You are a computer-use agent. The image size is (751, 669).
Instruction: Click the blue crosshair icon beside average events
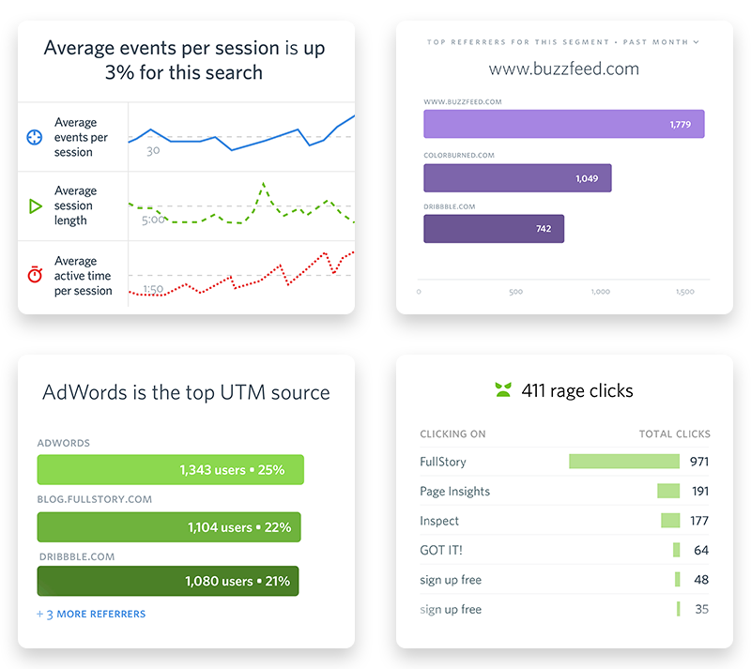[x=35, y=137]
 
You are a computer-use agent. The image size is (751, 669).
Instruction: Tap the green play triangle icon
[x=35, y=205]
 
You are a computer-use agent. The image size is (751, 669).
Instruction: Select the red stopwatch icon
[x=35, y=275]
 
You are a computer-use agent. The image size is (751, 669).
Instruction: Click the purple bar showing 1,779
[x=563, y=124]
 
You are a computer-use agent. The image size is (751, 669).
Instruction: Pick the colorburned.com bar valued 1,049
[x=517, y=178]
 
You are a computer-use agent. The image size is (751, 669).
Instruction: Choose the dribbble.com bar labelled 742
[x=494, y=229]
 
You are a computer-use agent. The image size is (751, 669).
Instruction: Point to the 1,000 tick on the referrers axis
[x=601, y=292]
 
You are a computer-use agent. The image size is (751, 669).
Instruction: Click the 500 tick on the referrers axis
[x=515, y=292]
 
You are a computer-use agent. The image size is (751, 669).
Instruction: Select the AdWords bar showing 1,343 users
[x=170, y=470]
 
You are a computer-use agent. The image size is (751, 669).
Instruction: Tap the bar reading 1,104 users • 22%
[x=169, y=527]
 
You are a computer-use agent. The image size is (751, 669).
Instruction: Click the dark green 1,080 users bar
[x=168, y=582]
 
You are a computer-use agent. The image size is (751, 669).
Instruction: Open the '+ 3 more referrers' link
[x=91, y=614]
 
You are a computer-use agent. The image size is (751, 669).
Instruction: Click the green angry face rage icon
[x=503, y=390]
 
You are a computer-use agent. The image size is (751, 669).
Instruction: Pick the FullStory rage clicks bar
[x=623, y=462]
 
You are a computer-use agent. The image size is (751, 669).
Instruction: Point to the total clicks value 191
[x=699, y=491]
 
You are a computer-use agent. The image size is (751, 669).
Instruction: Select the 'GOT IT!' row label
[x=441, y=550]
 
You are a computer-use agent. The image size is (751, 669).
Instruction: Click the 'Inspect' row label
[x=439, y=521]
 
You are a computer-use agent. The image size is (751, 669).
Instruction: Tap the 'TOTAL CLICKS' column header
[x=674, y=434]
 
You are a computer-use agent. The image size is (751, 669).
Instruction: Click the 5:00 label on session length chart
[x=153, y=220]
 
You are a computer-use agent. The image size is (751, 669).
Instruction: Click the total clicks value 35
[x=701, y=609]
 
